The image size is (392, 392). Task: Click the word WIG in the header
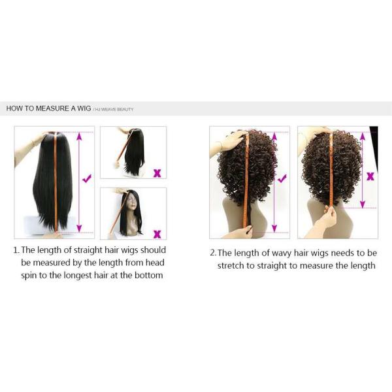tap(84, 108)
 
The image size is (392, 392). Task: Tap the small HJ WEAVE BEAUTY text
tap(113, 110)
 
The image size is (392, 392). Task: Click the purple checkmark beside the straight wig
tap(87, 178)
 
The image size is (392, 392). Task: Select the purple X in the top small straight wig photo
tap(157, 173)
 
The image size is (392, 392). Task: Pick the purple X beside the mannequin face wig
tap(157, 234)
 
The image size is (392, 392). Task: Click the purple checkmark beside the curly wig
tap(282, 178)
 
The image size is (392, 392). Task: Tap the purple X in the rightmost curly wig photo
tap(370, 176)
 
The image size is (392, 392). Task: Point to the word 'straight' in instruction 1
tap(88, 250)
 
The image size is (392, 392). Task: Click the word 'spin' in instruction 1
tap(28, 276)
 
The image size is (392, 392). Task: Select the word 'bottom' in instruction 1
tap(149, 275)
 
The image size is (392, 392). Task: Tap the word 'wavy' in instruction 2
tap(282, 253)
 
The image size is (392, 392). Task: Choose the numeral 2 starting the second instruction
tap(213, 253)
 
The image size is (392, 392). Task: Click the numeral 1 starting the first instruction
tap(16, 250)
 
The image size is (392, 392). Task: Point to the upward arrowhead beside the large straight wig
tap(79, 136)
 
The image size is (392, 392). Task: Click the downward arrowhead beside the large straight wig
tap(79, 228)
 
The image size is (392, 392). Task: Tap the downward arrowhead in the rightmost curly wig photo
tap(363, 204)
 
